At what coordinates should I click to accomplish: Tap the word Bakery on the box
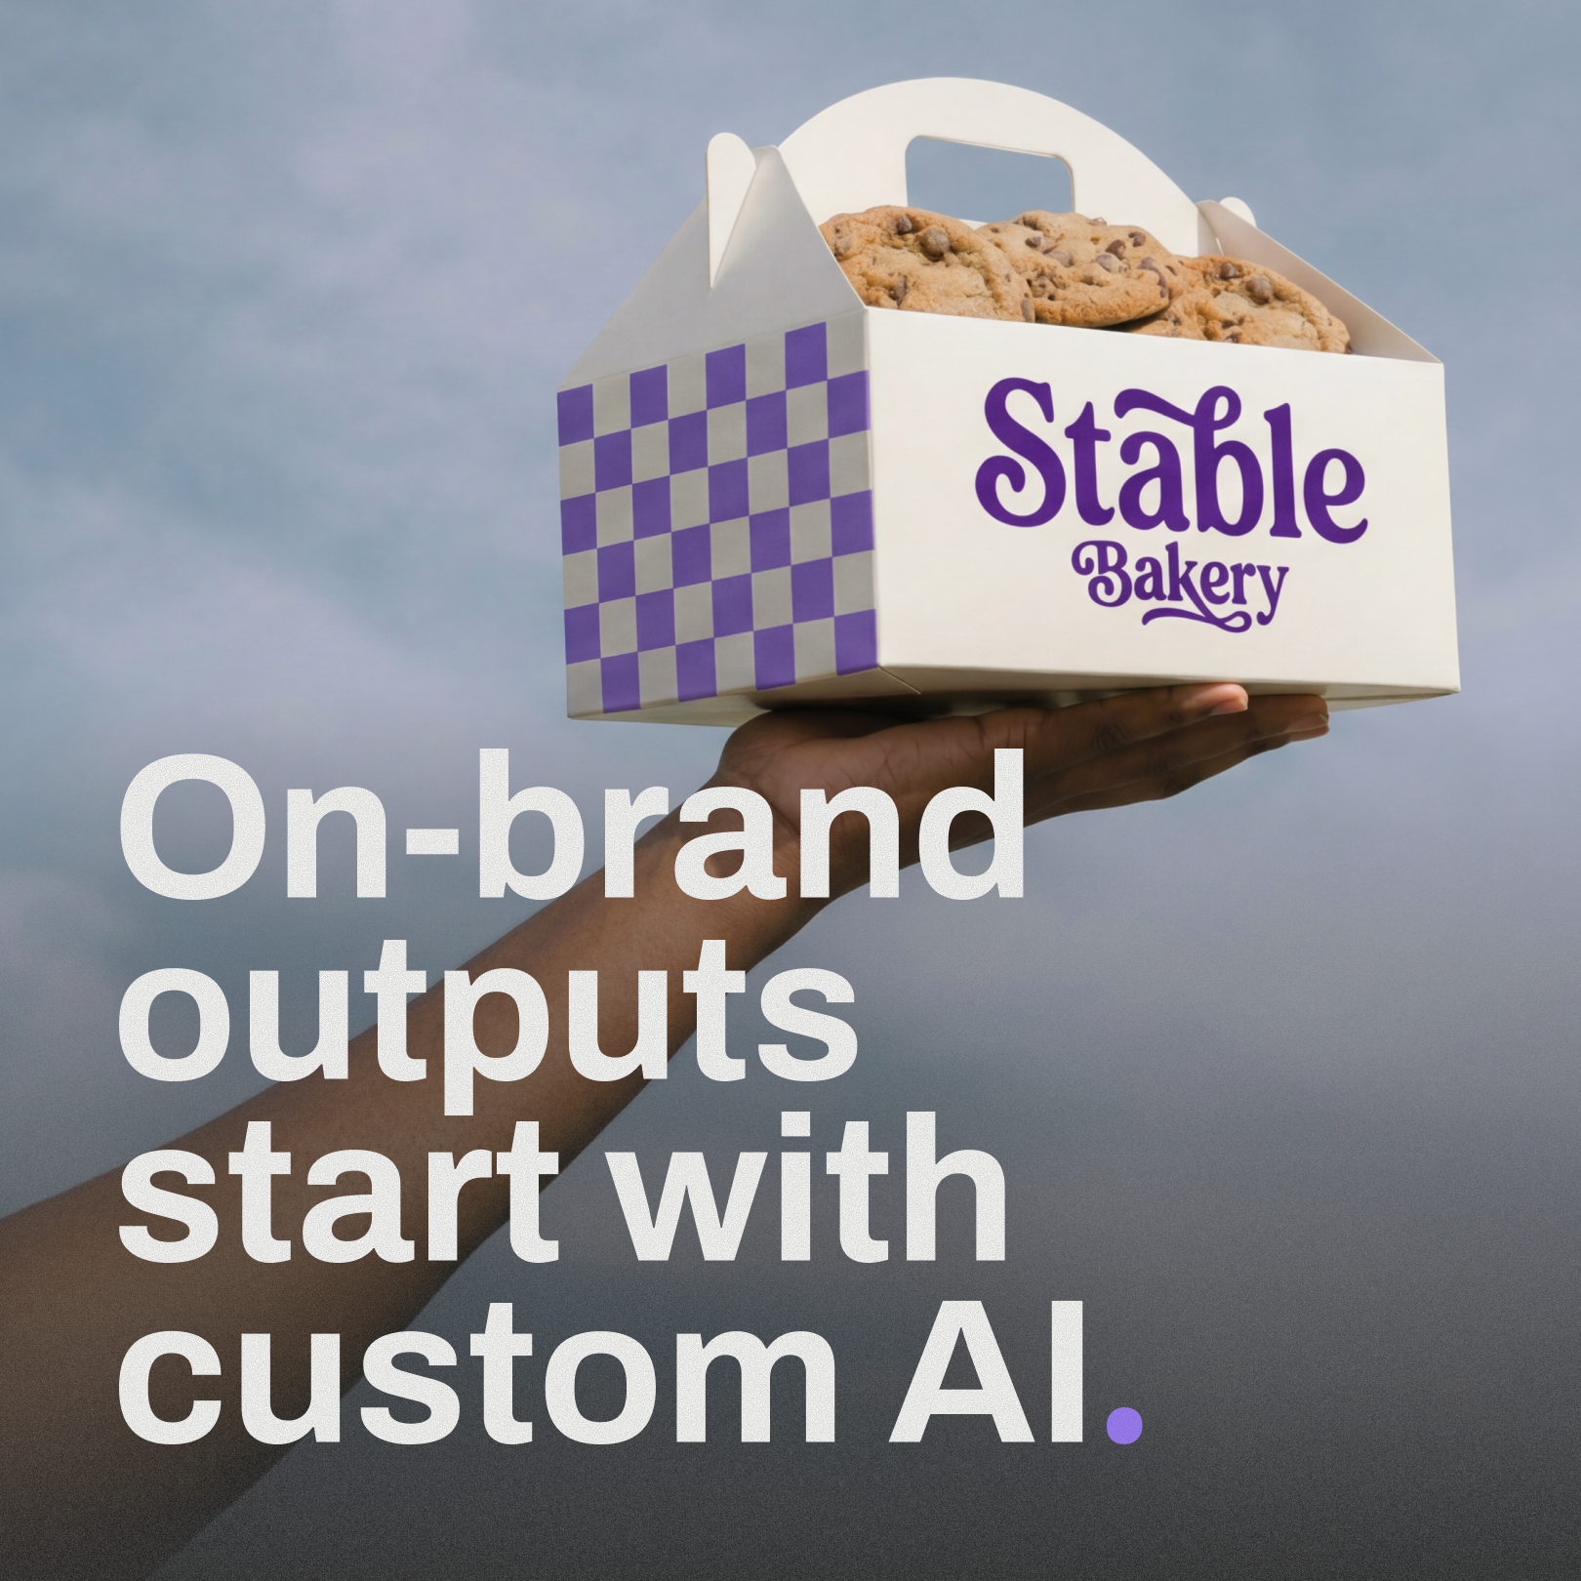pyautogui.click(x=1177, y=582)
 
